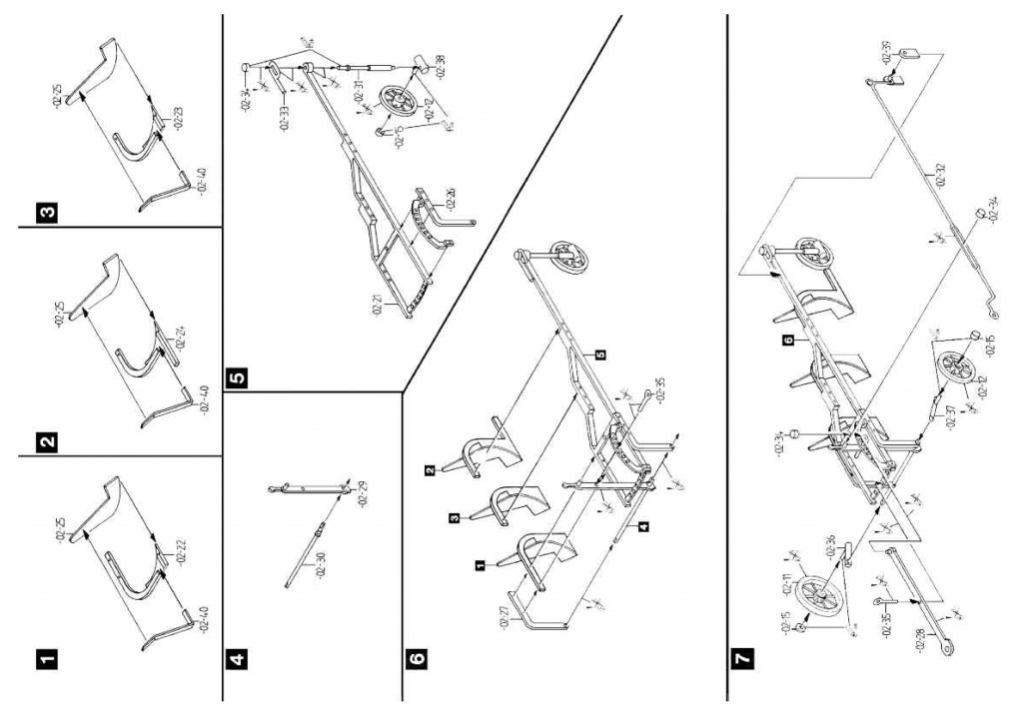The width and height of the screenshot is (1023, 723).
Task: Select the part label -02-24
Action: [x=180, y=337]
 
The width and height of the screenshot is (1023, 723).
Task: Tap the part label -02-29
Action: [x=364, y=492]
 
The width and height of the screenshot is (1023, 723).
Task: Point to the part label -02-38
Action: [x=441, y=68]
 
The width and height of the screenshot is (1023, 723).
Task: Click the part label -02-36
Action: [x=830, y=548]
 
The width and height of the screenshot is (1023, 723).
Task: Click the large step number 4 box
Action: [x=237, y=659]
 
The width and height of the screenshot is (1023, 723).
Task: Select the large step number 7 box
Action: [x=740, y=659]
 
